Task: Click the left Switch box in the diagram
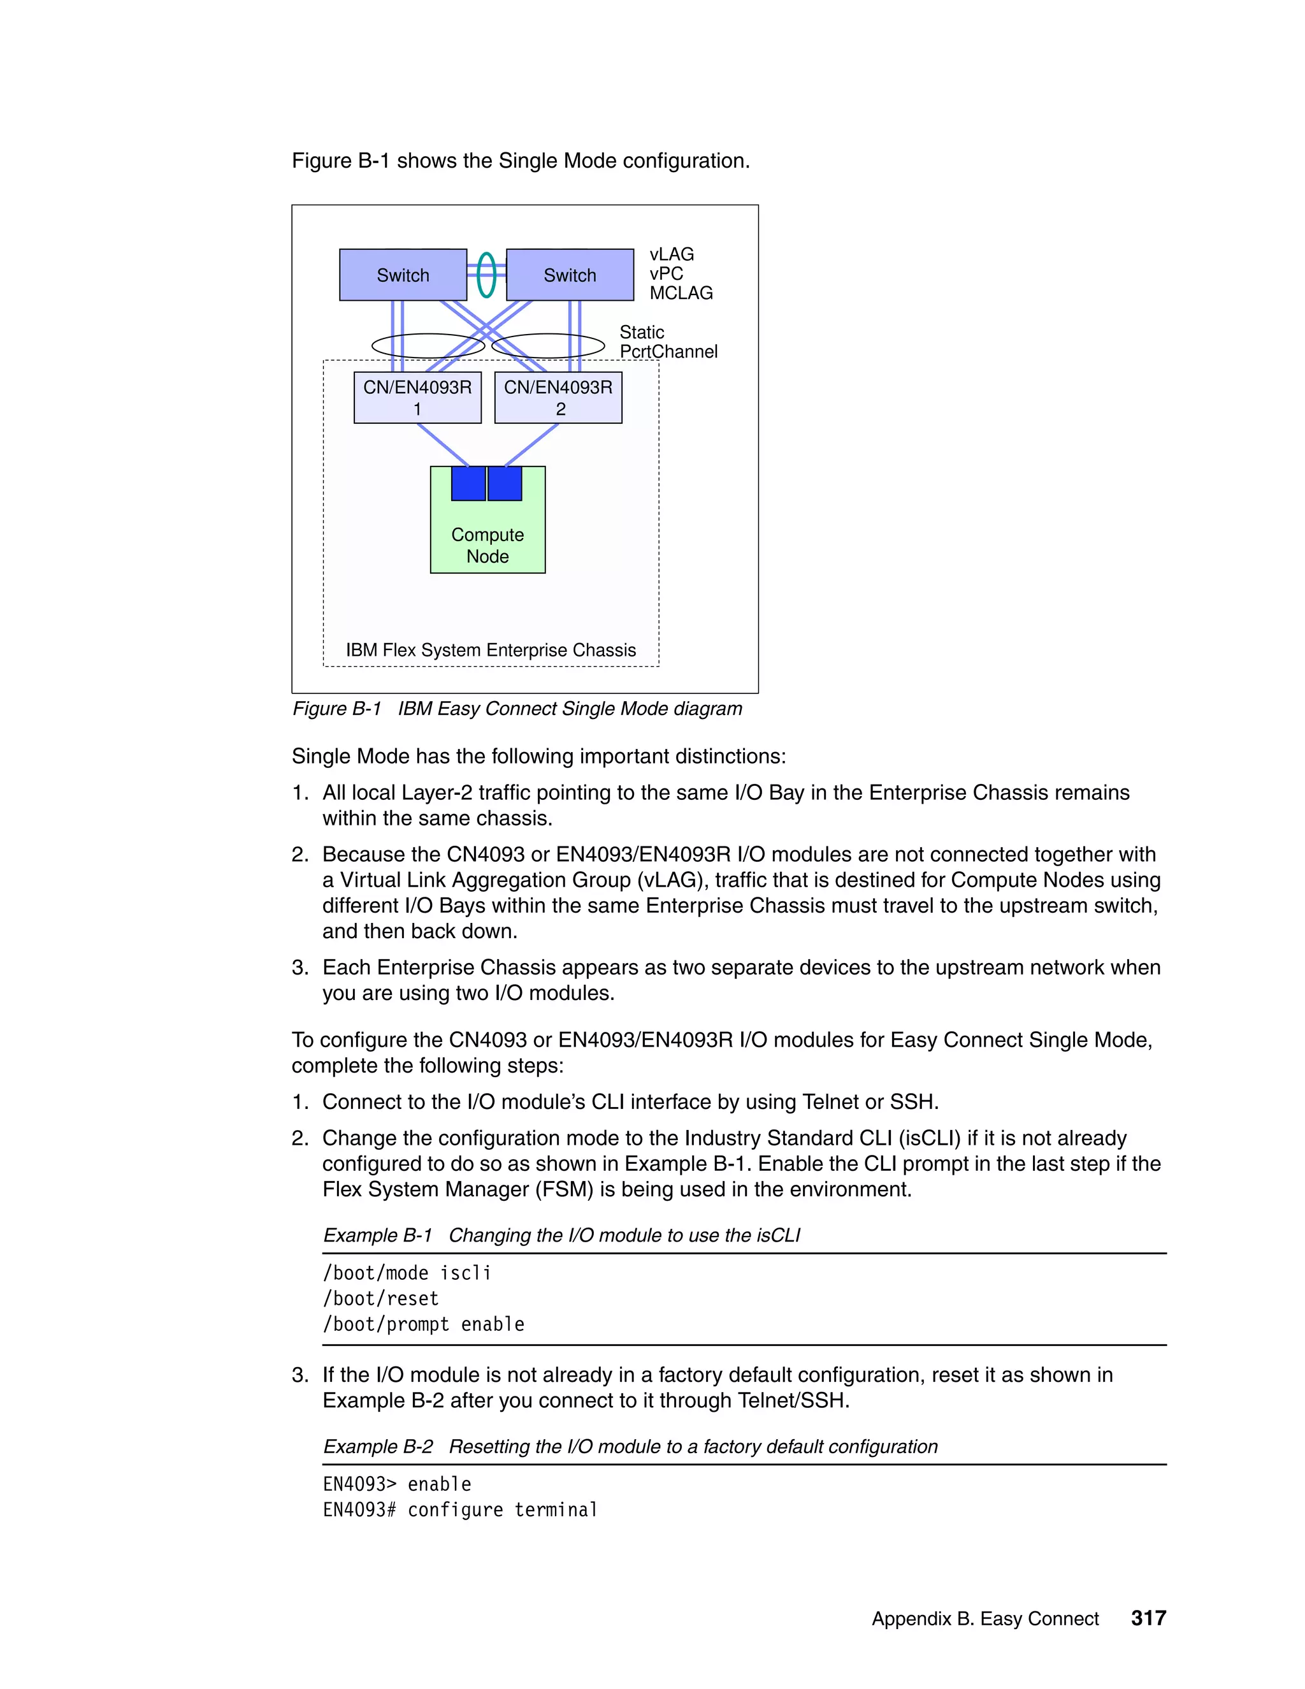(403, 275)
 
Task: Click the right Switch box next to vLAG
(570, 275)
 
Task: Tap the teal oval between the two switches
(486, 275)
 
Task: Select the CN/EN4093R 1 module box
(417, 398)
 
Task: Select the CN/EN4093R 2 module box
(558, 398)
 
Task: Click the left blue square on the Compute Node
(468, 483)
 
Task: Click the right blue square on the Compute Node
(505, 483)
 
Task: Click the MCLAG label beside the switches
(681, 293)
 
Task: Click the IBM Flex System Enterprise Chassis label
(490, 649)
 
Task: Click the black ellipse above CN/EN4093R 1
(428, 345)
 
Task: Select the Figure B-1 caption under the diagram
(517, 708)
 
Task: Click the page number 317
(1148, 1618)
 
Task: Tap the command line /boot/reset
(380, 1298)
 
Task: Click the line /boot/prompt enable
(424, 1324)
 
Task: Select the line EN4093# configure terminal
(460, 1509)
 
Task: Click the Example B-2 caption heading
(630, 1446)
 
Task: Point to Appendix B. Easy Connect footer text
(985, 1619)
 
